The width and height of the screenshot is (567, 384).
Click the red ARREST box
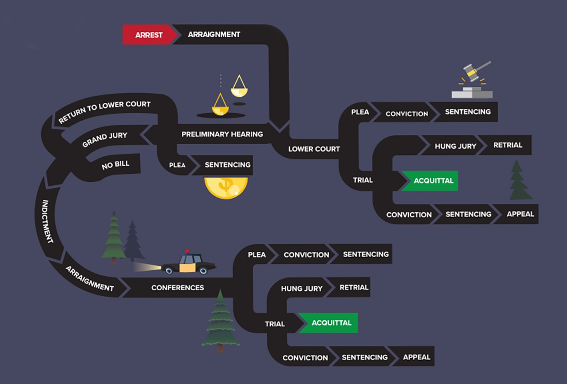click(149, 35)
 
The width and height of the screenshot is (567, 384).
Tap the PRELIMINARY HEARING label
click(222, 134)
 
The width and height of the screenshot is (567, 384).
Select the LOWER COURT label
click(314, 149)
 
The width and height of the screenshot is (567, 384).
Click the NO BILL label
click(115, 165)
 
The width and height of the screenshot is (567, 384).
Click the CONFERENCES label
click(177, 288)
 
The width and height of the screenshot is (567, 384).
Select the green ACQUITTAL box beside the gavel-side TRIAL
click(430, 181)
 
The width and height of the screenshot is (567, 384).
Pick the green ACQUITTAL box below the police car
click(329, 323)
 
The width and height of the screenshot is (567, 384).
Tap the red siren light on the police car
click(187, 251)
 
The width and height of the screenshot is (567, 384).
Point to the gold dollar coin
click(226, 188)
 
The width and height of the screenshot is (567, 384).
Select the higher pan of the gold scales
click(239, 92)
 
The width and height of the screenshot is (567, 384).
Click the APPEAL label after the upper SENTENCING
click(520, 214)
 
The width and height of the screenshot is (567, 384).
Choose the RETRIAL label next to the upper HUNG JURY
click(508, 145)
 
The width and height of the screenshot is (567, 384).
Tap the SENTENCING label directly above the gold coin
click(228, 165)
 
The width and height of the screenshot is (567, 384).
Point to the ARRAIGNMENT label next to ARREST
click(214, 34)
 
